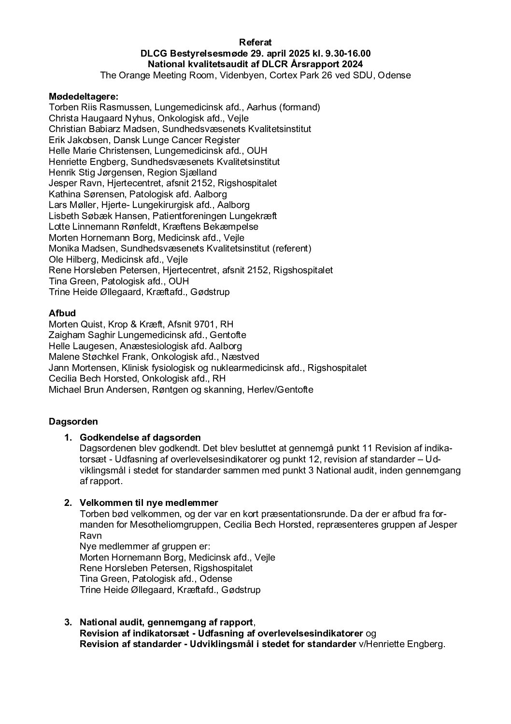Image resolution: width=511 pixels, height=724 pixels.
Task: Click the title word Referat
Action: click(255, 43)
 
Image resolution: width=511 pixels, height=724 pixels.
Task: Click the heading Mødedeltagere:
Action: click(84, 97)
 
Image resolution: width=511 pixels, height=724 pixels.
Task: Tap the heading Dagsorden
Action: click(73, 422)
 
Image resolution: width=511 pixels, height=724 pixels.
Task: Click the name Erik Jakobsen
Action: click(75, 140)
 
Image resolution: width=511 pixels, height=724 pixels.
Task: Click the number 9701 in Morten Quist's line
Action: click(210, 325)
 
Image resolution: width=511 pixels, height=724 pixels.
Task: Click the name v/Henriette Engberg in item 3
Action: click(400, 645)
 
